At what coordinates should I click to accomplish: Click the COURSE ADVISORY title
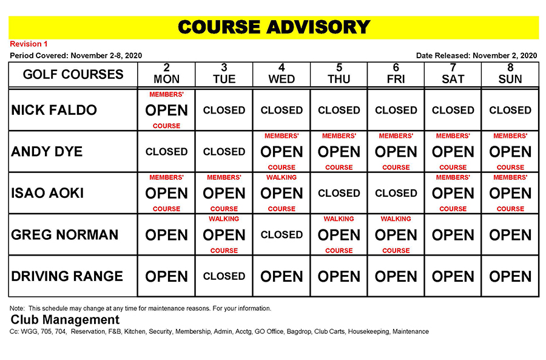coord(274,27)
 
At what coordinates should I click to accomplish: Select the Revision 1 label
coord(29,44)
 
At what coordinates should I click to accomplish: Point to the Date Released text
coord(476,55)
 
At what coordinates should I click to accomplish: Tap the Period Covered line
coord(76,55)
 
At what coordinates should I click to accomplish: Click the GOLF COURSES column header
coord(73,75)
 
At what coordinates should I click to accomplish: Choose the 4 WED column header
coord(281,74)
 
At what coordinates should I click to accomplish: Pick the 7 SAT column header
coord(453,74)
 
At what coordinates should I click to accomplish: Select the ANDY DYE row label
coord(47,152)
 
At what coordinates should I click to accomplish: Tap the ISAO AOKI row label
coord(47,193)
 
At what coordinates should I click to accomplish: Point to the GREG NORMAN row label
coord(64,235)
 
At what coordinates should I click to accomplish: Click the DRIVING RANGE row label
coord(67,276)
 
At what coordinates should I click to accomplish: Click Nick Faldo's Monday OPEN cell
coord(167,110)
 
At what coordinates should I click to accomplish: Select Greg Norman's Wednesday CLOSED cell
coord(281,235)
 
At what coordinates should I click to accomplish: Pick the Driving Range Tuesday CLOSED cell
coord(224,276)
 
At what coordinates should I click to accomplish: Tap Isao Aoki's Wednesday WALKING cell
coord(281,193)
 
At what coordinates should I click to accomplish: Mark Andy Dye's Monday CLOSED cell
coord(167,152)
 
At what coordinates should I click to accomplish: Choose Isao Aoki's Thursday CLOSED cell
coord(339,193)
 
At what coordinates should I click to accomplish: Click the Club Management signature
coord(65,320)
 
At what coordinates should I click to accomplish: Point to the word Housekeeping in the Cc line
coord(369,332)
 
